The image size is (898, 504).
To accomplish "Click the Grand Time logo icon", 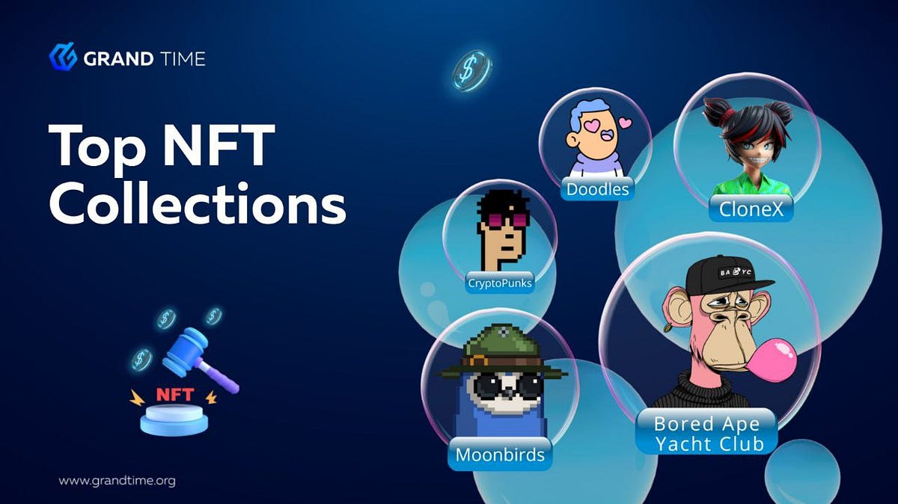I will tap(63, 56).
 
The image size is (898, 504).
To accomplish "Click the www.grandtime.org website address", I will tap(117, 481).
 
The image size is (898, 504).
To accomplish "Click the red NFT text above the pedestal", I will tap(175, 394).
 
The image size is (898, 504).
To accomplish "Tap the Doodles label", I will tap(597, 188).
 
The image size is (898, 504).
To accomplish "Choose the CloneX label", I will tap(751, 209).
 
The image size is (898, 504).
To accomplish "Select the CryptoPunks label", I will tap(499, 283).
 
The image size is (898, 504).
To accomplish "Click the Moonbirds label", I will tap(500, 454).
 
